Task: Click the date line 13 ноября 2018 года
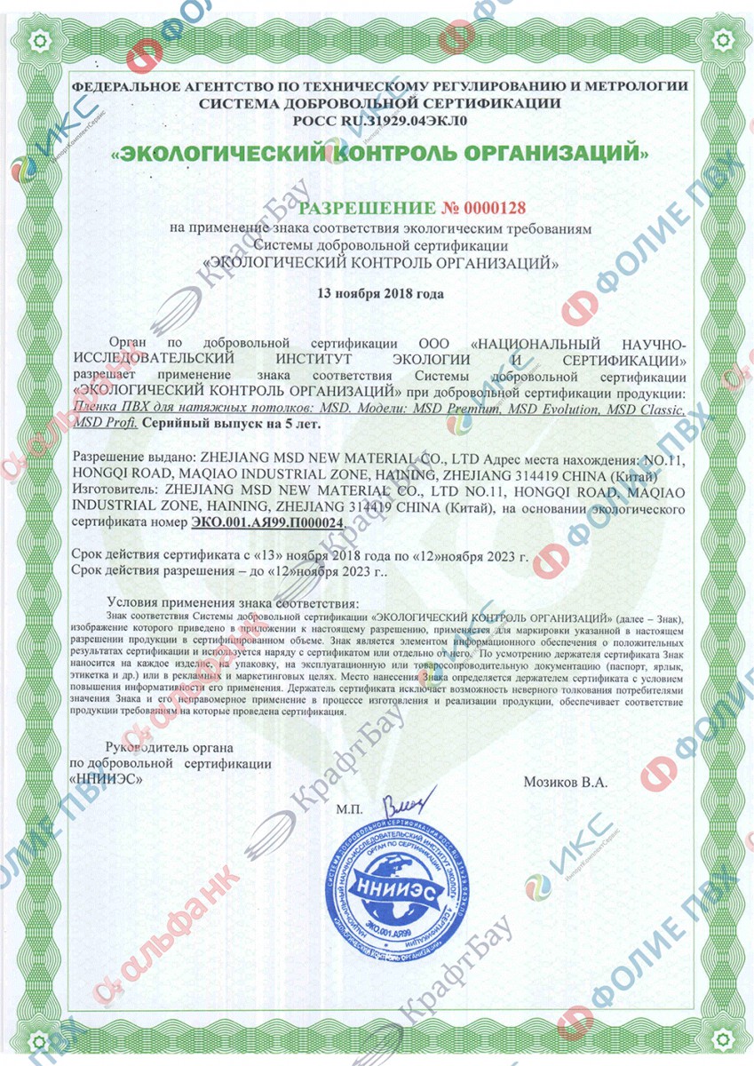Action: click(x=380, y=292)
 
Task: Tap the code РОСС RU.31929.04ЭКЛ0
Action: click(x=379, y=118)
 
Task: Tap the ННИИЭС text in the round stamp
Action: click(x=386, y=885)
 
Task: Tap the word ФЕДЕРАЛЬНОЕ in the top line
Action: click(x=127, y=86)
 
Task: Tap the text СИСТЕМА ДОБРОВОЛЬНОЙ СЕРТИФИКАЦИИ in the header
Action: click(x=379, y=102)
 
